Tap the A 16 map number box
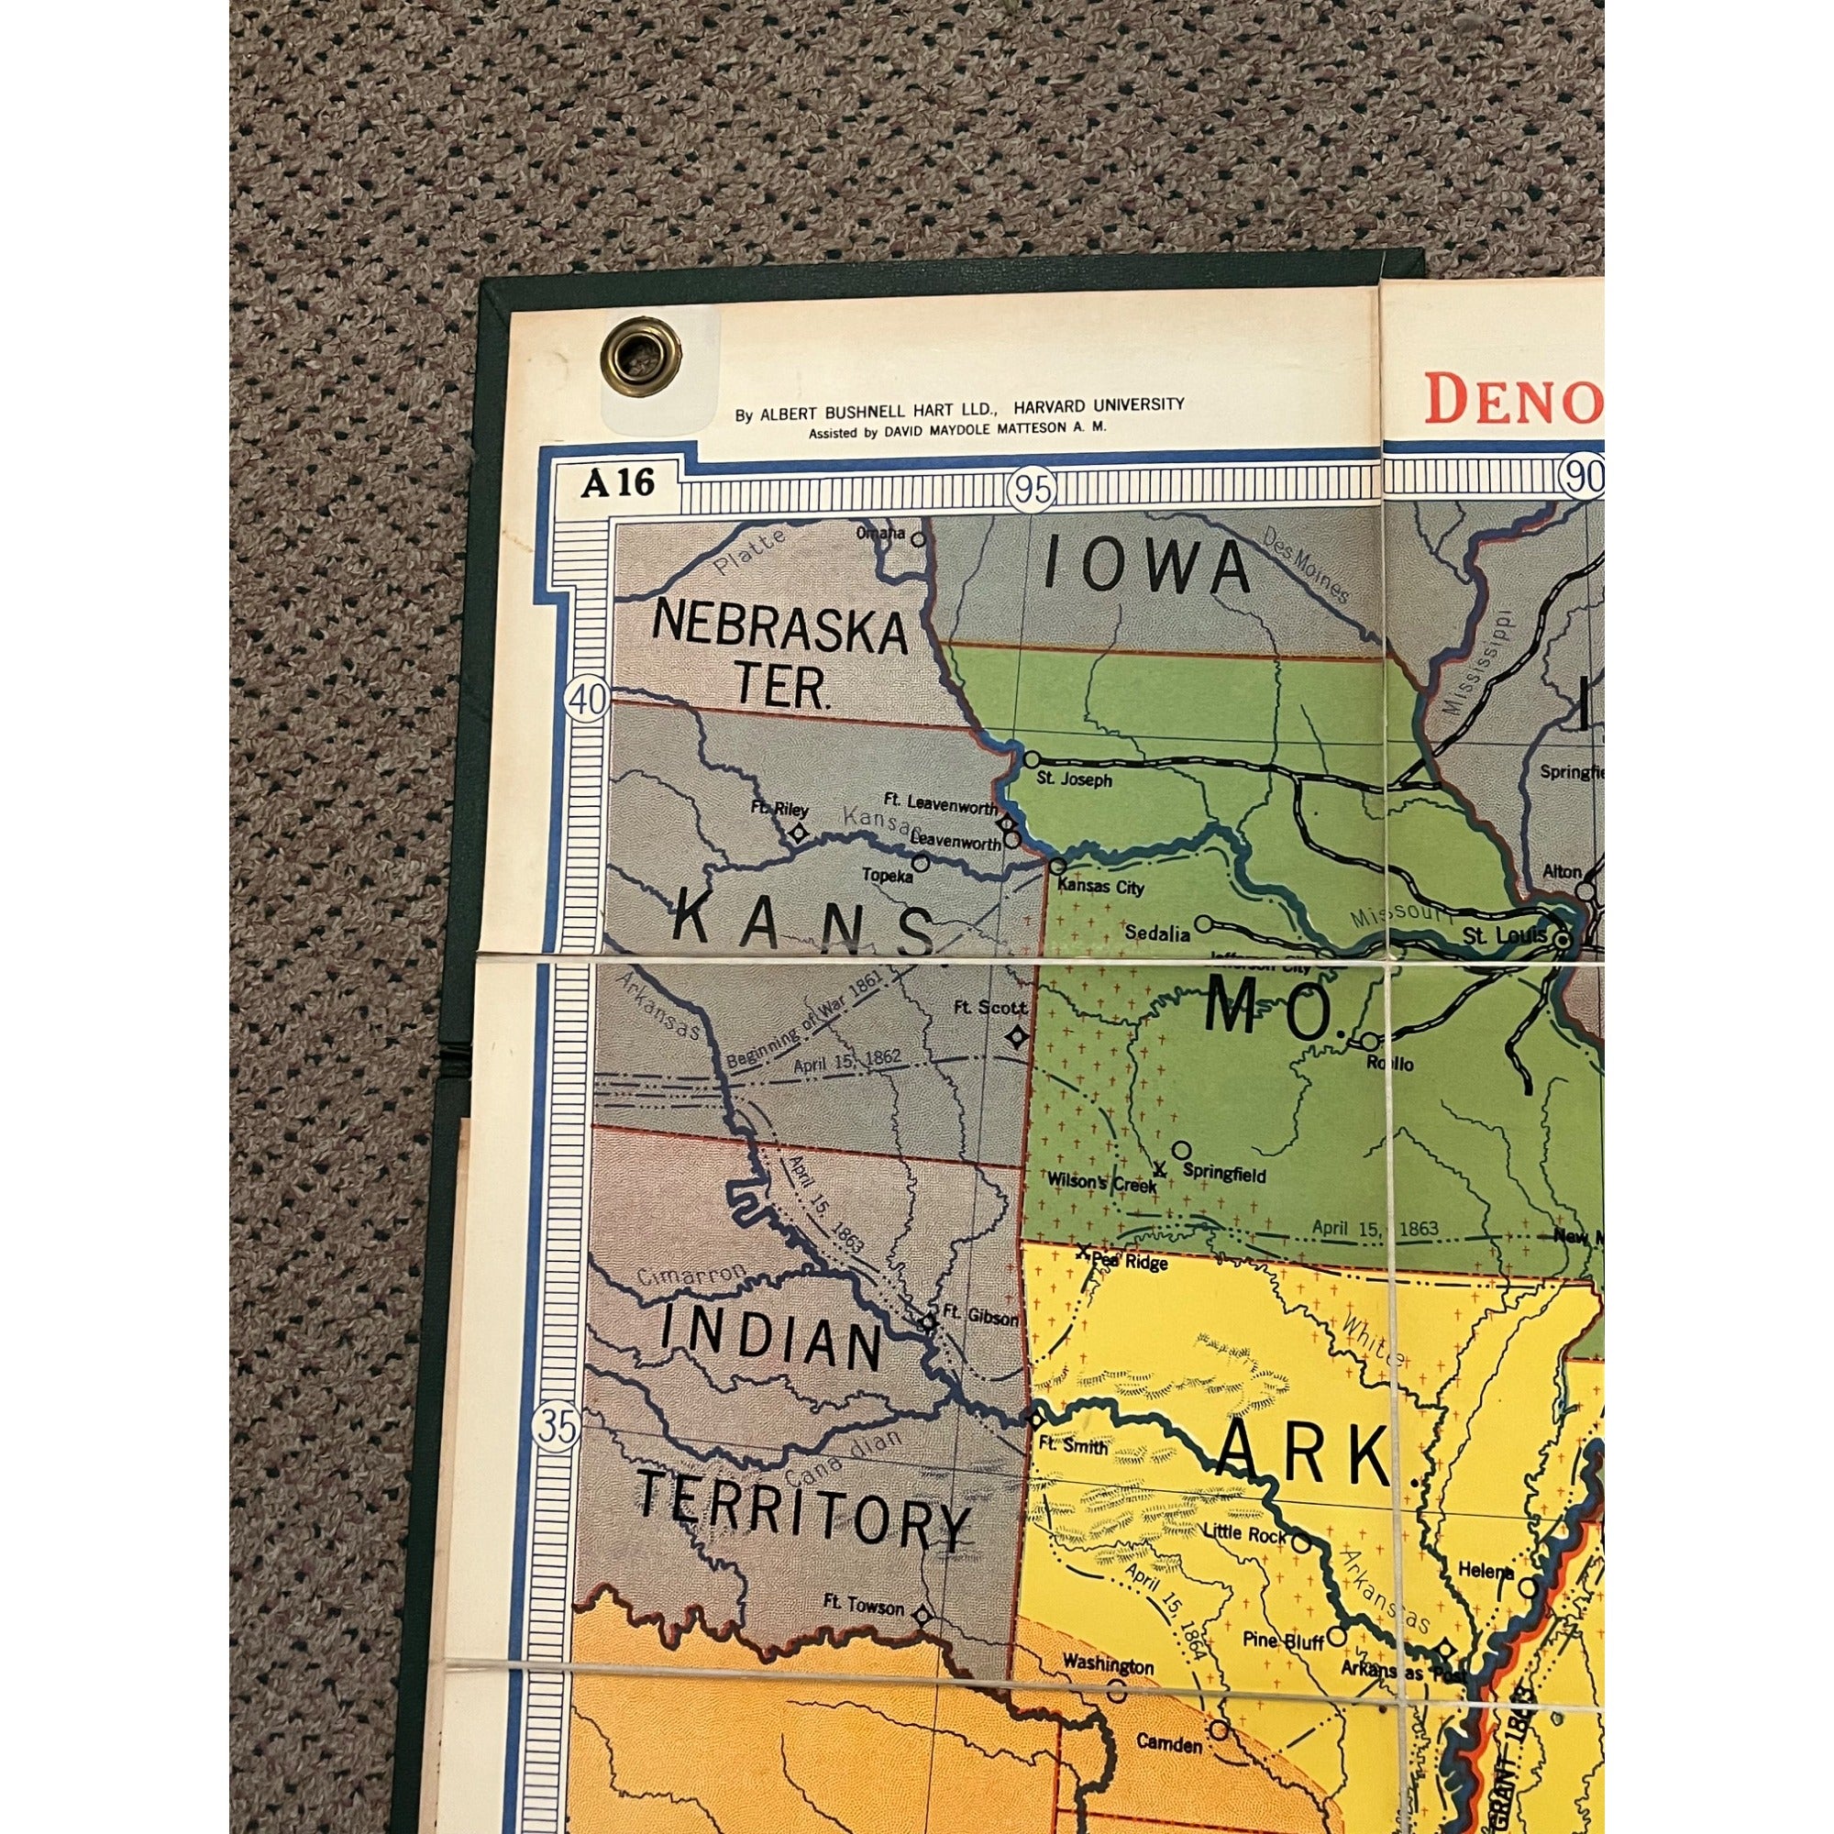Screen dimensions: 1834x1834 [618, 483]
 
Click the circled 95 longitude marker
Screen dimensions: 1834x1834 [1033, 490]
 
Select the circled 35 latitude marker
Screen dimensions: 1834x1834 [557, 1428]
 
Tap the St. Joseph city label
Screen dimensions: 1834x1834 [1074, 780]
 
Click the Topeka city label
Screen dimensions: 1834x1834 [887, 875]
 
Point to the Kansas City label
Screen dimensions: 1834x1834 [1100, 889]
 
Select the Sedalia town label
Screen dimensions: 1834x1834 [1156, 934]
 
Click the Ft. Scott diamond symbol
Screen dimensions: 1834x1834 [1018, 1036]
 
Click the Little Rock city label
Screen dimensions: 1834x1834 [1243, 1532]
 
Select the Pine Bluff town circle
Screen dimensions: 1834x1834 [1336, 1635]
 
